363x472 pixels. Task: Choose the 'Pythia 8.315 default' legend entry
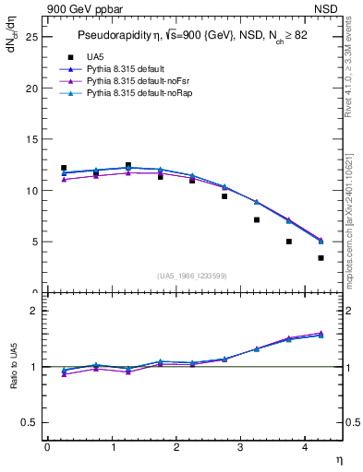[x=130, y=69]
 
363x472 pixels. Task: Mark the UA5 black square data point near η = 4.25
[x=321, y=258]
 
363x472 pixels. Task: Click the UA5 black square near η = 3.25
[x=257, y=219]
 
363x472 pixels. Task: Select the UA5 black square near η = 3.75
[x=289, y=242]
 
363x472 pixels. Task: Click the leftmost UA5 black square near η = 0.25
[x=64, y=168]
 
